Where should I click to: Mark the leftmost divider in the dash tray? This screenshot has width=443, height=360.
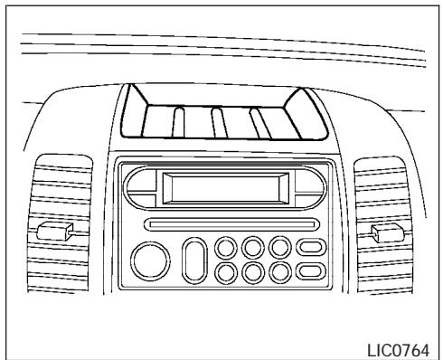click(179, 122)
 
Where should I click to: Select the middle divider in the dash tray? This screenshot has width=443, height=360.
click(218, 122)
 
